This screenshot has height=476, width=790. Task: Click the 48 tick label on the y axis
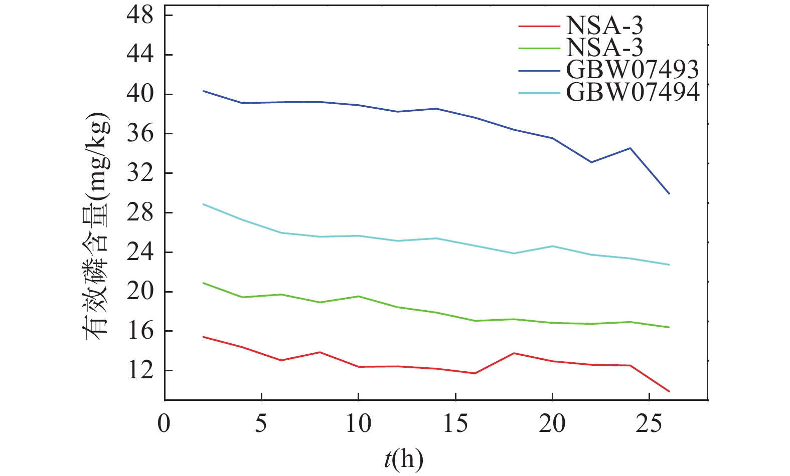pyautogui.click(x=140, y=16)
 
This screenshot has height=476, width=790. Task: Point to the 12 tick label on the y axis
pyautogui.click(x=140, y=371)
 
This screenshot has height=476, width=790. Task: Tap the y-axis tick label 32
pyautogui.click(x=140, y=173)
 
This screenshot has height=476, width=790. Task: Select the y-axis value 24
pyautogui.click(x=140, y=252)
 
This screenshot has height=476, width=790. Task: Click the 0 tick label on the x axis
pyautogui.click(x=164, y=423)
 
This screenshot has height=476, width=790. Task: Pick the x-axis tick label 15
pyautogui.click(x=455, y=423)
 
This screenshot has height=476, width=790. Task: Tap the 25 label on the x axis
pyautogui.click(x=649, y=423)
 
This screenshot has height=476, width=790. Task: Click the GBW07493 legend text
pyautogui.click(x=632, y=70)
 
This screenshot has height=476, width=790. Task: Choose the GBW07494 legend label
pyautogui.click(x=632, y=92)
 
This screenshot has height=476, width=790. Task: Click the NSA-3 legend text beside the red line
pyautogui.click(x=604, y=25)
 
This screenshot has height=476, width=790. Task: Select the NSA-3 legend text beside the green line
pyautogui.click(x=604, y=47)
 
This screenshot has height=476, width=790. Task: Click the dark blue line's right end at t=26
pyautogui.click(x=669, y=193)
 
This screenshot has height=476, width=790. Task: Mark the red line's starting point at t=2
pyautogui.click(x=203, y=337)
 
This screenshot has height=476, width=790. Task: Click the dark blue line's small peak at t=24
pyautogui.click(x=630, y=148)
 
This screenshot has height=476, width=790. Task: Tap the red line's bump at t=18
pyautogui.click(x=514, y=353)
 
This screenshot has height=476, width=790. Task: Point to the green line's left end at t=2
pyautogui.click(x=203, y=283)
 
